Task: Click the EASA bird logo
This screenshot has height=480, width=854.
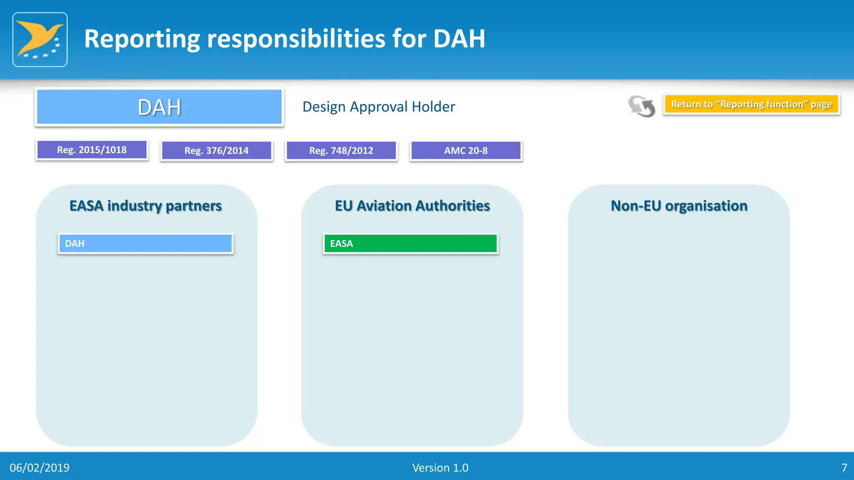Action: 40,40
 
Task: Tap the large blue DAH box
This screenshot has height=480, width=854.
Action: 159,107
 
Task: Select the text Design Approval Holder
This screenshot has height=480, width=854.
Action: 379,107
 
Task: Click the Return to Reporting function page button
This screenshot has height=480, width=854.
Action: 751,104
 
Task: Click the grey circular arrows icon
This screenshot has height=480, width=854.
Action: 642,106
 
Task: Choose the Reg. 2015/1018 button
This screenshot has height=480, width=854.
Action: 92,150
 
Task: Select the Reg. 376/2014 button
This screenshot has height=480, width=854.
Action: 216,150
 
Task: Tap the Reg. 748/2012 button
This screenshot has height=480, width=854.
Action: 341,150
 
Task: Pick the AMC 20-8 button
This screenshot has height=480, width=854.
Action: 466,150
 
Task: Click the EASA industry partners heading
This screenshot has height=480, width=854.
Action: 146,206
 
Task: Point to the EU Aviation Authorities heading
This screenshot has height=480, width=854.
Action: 412,206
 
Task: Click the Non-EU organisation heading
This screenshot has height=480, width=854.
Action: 679,206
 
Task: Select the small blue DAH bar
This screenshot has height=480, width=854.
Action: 146,244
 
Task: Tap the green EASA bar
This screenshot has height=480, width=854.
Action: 410,244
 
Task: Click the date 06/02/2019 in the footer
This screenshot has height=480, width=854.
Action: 40,467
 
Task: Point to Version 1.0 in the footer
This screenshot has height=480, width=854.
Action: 440,467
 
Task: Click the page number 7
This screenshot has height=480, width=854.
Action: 844,467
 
